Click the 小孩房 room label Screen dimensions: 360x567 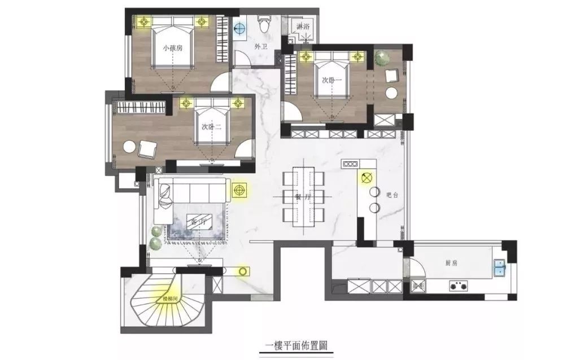(x=172, y=49)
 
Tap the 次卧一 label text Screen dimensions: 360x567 (x=332, y=81)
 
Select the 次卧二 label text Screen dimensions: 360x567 (x=211, y=128)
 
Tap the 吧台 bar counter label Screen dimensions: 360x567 (x=392, y=195)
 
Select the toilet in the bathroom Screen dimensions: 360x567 (x=263, y=24)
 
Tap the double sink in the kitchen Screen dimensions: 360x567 (x=500, y=268)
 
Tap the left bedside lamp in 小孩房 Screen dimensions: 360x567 (x=144, y=21)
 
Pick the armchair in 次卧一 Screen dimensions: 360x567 (x=391, y=75)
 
